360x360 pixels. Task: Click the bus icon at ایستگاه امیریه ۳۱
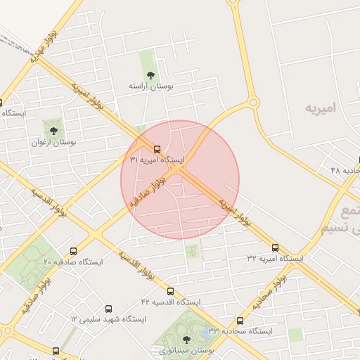tap(157, 149)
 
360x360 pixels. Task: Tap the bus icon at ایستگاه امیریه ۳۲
tap(275, 247)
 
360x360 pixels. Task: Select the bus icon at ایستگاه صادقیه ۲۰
tap(74, 250)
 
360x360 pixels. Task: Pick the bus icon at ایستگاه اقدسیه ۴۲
tap(170, 291)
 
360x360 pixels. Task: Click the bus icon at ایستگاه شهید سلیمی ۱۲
tap(108, 309)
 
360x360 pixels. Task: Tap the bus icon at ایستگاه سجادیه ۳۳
tap(240, 321)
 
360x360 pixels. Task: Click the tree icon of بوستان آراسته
tap(150, 74)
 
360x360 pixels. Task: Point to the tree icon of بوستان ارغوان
tap(52, 130)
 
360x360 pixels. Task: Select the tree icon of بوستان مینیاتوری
tap(186, 339)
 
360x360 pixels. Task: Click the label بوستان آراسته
tap(150, 85)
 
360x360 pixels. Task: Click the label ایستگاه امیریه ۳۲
tap(275, 259)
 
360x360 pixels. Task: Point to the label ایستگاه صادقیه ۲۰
tap(73, 262)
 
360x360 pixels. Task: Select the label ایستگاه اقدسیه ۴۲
tap(170, 302)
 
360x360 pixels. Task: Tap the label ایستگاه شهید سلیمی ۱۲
tap(108, 319)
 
